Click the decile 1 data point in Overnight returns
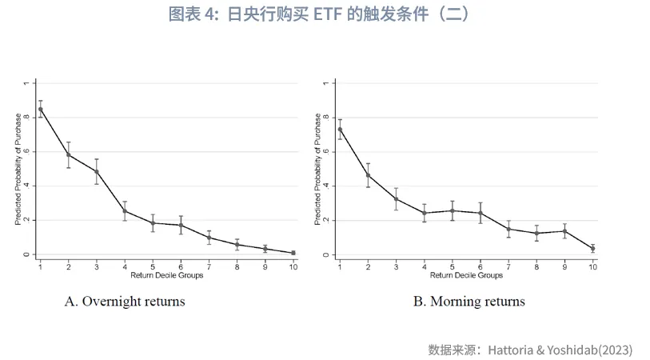pyautogui.click(x=41, y=109)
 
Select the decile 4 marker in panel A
pyautogui.click(x=125, y=211)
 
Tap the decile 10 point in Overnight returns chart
pyautogui.click(x=293, y=253)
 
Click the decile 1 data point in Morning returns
pyautogui.click(x=341, y=130)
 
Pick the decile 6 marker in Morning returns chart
pyautogui.click(x=481, y=213)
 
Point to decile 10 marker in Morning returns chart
pyautogui.click(x=592, y=249)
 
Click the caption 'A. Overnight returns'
pyautogui.click(x=125, y=302)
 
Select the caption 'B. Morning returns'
pyautogui.click(x=469, y=302)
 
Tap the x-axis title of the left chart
pyautogui.click(x=167, y=276)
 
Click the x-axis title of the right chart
pyautogui.click(x=466, y=276)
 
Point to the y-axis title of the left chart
pyautogui.click(x=18, y=169)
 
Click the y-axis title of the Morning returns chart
pyautogui.click(x=317, y=169)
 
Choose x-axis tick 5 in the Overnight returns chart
pyautogui.click(x=153, y=266)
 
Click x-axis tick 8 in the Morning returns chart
pyautogui.click(x=536, y=266)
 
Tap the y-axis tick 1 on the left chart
pyautogui.click(x=26, y=82)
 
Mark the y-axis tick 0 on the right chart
pyautogui.click(x=325, y=254)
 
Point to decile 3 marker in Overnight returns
pyautogui.click(x=97, y=171)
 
